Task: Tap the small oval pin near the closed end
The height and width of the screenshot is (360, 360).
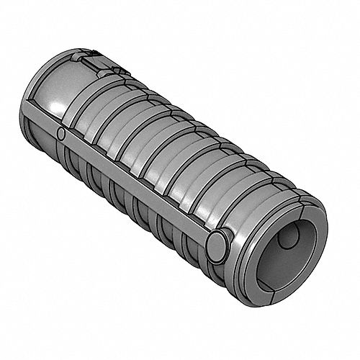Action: tap(62, 134)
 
